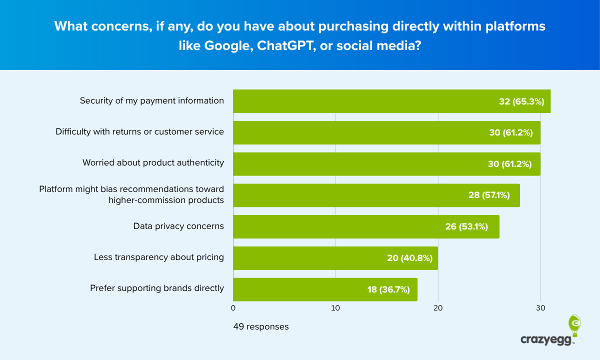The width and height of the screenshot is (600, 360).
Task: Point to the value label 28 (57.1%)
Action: pos(489,195)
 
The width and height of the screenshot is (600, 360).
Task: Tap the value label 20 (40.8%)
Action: pos(409,258)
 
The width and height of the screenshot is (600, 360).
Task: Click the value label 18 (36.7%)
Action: pos(388,289)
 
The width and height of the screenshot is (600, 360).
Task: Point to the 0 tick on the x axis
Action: pos(233,308)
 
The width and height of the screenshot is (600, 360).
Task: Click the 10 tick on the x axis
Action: pos(335,308)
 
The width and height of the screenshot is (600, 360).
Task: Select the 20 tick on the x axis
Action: pos(438,308)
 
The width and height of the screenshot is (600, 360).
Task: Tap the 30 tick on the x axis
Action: pos(540,308)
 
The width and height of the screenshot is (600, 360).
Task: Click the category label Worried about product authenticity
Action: pos(153,163)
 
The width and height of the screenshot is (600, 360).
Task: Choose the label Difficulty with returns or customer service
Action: pos(139,132)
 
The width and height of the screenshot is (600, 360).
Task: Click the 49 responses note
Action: pos(261,327)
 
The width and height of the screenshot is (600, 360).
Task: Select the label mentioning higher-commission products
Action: pos(166,200)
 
